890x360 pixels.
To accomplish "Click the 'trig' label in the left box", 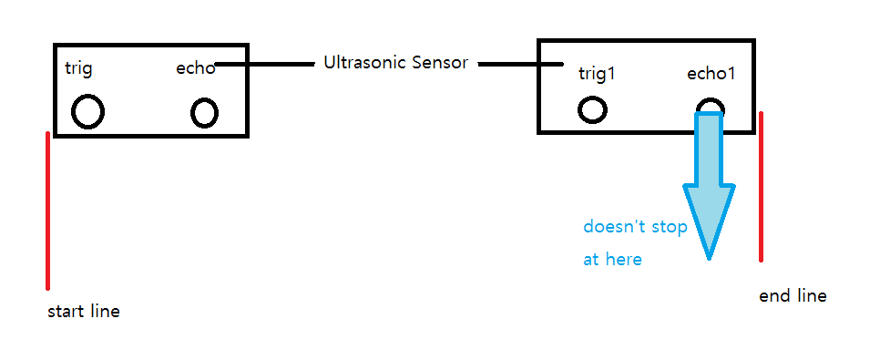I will pos(79,69).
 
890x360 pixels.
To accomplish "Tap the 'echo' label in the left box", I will pos(195,69).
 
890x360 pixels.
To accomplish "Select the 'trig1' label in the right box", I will pos(597,74).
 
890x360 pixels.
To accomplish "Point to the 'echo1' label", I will pos(711,74).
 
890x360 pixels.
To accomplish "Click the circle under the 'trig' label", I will pos(87,112).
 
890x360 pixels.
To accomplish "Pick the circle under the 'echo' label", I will pos(204,113).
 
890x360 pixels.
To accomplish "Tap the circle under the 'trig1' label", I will pos(592,110).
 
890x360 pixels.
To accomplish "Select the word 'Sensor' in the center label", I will pos(440,64).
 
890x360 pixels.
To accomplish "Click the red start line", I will pos(47,210).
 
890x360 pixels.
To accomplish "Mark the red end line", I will pos(761,187).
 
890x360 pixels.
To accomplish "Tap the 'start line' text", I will pos(83,312).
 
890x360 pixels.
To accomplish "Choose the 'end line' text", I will pos(793,296).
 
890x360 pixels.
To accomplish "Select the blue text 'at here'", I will pos(612,260).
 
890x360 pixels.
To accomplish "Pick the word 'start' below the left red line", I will pos(66,312).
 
